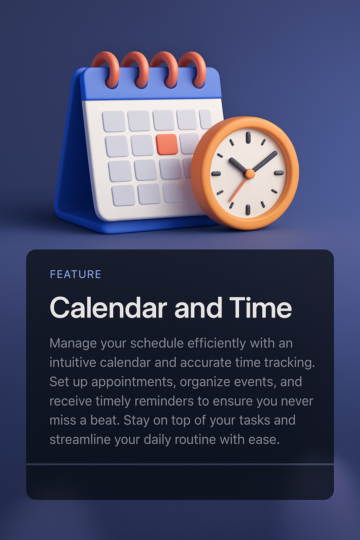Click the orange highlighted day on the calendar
point(167,144)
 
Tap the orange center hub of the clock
point(250,173)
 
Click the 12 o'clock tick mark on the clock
point(248,137)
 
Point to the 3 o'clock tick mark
point(279,173)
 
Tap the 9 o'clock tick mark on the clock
point(216,173)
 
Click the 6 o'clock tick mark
point(248,210)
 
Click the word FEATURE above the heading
point(76,274)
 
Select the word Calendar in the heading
point(108,308)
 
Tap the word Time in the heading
point(261,308)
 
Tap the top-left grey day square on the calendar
point(114,121)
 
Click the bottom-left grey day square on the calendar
point(123,195)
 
